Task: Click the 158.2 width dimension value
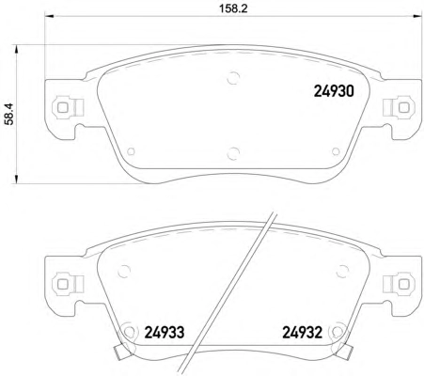coord(233,8)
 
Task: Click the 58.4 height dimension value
coord(9,115)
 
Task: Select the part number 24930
coord(334,91)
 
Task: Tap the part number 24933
coord(165,333)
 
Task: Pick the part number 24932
coord(303,333)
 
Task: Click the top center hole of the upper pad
coord(233,78)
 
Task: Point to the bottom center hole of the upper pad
coord(233,153)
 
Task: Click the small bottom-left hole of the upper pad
coord(131,151)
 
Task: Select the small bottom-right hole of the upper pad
coord(336,151)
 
